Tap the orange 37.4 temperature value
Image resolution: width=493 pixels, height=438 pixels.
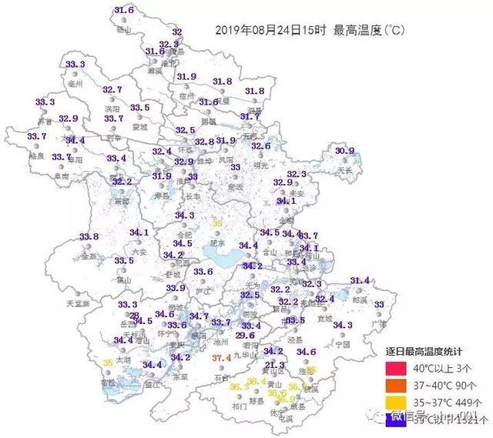pyautogui.click(x=221, y=358)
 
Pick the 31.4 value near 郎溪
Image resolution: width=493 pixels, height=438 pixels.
pyautogui.click(x=360, y=280)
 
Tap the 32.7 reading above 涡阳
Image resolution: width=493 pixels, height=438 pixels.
pyautogui.click(x=112, y=90)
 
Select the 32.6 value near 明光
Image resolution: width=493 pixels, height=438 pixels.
pyautogui.click(x=261, y=146)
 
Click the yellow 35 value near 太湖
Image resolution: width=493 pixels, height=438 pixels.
pyautogui.click(x=109, y=363)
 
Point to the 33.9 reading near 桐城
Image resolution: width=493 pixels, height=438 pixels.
pyautogui.click(x=176, y=288)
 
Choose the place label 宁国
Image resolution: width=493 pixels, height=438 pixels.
pyautogui.click(x=343, y=343)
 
